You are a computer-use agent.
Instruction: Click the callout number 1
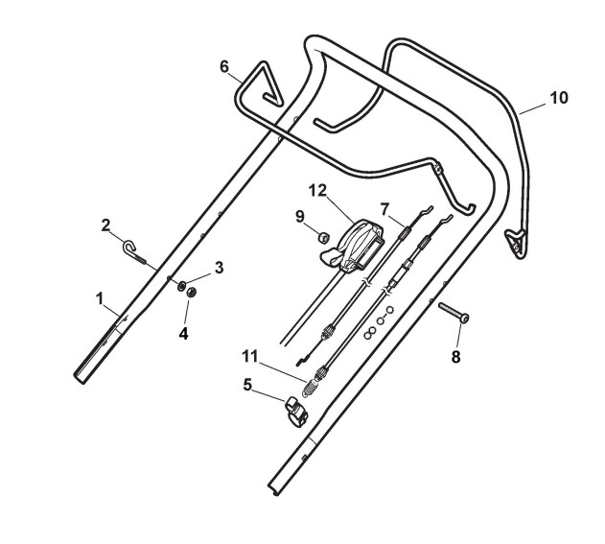click(99, 298)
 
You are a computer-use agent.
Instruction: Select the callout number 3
click(219, 268)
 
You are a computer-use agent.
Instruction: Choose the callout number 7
click(384, 206)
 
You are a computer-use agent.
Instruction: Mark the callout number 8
click(455, 356)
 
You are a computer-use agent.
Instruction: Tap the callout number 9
click(300, 215)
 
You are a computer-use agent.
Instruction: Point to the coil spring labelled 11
click(311, 389)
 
